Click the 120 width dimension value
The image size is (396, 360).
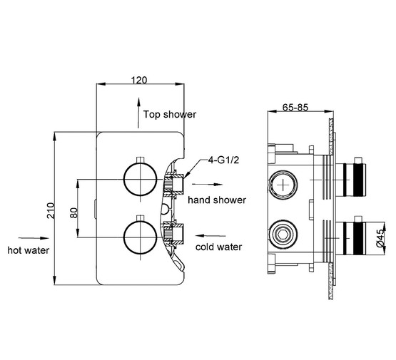point(138,81)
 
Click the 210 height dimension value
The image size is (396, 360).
point(51,210)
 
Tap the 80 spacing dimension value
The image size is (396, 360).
point(73,212)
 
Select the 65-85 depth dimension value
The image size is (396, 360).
point(295,108)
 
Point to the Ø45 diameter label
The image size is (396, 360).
point(380,238)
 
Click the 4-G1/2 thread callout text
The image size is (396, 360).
point(223,160)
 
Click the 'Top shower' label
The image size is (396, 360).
point(170,115)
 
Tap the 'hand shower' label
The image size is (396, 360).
point(217,200)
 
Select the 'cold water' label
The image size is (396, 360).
point(219,247)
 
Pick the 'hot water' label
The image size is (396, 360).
point(29,250)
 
